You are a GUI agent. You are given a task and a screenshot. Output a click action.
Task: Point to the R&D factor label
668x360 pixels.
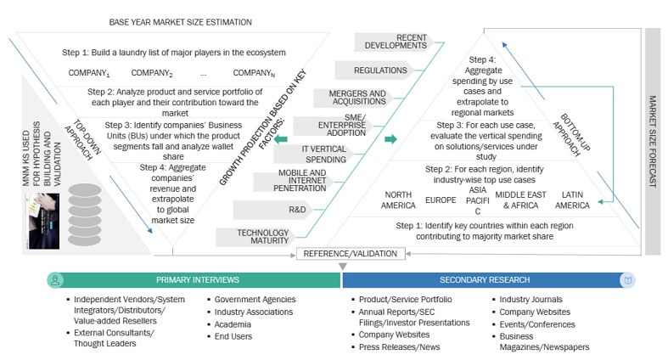(297, 209)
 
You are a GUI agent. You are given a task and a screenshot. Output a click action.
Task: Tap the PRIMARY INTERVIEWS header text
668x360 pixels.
(196, 279)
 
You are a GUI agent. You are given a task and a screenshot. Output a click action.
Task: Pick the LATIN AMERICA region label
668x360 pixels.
(573, 200)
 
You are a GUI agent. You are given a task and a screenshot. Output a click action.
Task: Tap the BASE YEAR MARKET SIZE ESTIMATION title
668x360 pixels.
(181, 21)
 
